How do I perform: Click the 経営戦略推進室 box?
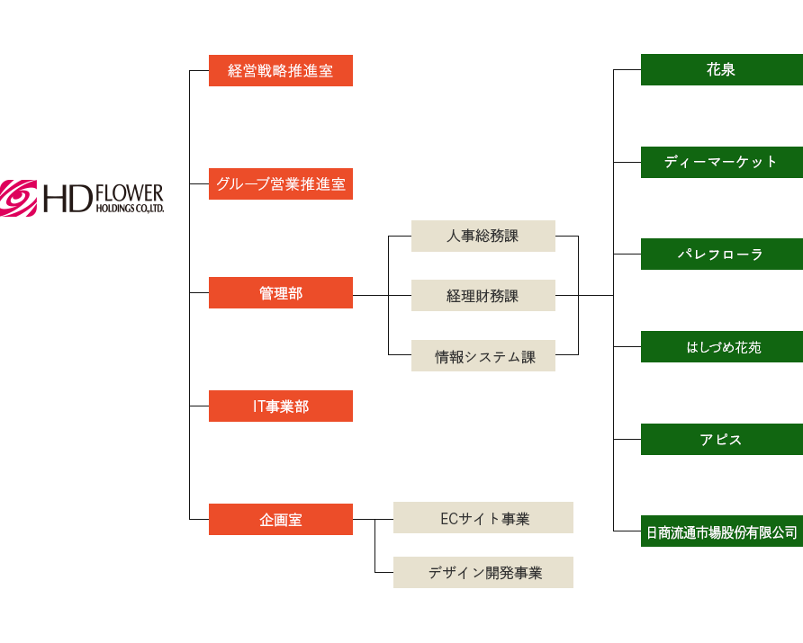coord(280,71)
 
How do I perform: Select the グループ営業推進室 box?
coord(281,184)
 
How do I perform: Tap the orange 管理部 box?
coord(280,293)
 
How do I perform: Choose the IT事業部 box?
coord(280,406)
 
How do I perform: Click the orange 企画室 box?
coord(280,519)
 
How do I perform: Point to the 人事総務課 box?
coord(483,237)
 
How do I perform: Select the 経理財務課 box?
coord(483,296)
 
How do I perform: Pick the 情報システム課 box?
coord(483,356)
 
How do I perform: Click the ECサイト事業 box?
coord(483,519)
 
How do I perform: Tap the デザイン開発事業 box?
coord(483,573)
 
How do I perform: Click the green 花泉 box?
coord(721,70)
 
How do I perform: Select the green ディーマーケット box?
coord(721,162)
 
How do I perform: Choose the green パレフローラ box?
coord(721,255)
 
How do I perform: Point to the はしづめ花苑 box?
coord(721,347)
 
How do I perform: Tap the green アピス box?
coord(721,440)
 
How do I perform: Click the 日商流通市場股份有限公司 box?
coord(721,532)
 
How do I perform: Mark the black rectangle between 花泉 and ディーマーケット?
coord(721,115)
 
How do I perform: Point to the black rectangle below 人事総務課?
coord(483,266)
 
